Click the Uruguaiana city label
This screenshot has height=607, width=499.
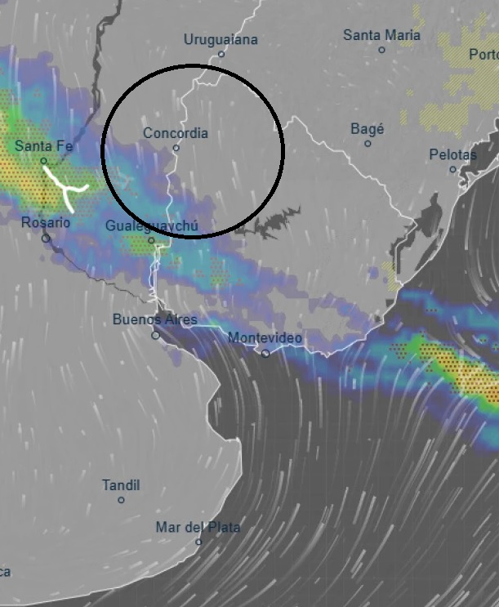[x=221, y=39]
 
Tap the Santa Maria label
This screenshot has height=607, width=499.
[x=381, y=35]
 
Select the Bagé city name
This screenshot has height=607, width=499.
[x=367, y=129]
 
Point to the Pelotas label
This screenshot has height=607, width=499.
[x=452, y=154]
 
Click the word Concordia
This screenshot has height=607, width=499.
[x=176, y=133]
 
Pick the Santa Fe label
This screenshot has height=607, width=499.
[x=44, y=146]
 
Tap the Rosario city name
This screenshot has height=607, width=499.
[x=46, y=222]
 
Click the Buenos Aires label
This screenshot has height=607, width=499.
[x=155, y=319]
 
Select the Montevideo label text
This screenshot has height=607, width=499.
[x=265, y=337]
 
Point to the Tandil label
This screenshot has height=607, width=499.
[x=121, y=485]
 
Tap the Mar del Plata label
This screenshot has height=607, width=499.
[x=198, y=527]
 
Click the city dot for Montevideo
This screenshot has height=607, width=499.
[x=265, y=353]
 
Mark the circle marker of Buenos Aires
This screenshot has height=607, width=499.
[x=155, y=335]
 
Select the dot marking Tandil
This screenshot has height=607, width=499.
[x=121, y=500]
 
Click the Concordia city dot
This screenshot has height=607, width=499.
[x=176, y=148]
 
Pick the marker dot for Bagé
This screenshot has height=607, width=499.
[x=368, y=144]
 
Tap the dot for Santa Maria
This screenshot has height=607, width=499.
[x=381, y=50]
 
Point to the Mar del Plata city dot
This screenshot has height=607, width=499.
[x=198, y=542]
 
